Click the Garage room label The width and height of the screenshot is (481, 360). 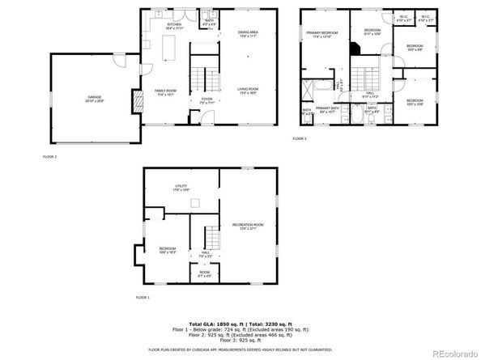pyautogui.click(x=95, y=99)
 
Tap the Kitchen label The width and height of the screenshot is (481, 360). pyautogui.click(x=174, y=26)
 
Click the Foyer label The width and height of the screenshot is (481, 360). pyautogui.click(x=206, y=101)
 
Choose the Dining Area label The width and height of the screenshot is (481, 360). pyautogui.click(x=247, y=34)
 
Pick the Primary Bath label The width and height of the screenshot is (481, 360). pyautogui.click(x=327, y=109)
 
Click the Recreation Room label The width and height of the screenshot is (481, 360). pyautogui.click(x=248, y=226)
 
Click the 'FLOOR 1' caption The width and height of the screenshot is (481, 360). pyautogui.click(x=143, y=299)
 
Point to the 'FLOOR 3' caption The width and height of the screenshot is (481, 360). pyautogui.click(x=300, y=139)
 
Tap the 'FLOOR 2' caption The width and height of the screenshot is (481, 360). pyautogui.click(x=49, y=155)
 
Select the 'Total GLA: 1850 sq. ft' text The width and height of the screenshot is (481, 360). pyautogui.click(x=212, y=323)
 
